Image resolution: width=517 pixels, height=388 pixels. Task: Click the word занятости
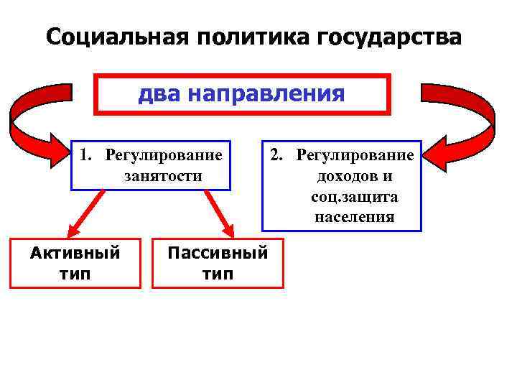click(163, 175)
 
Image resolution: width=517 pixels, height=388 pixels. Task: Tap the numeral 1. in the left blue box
click(86, 156)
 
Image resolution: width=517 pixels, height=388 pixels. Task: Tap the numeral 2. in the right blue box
click(278, 156)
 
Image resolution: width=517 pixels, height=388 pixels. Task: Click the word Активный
click(75, 254)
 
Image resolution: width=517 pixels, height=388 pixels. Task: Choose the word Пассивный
click(218, 254)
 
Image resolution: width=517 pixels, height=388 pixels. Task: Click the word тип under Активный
click(75, 274)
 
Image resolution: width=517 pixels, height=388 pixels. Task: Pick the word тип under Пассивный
click(218, 274)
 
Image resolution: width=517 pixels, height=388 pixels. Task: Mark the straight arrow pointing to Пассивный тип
click(219, 213)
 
